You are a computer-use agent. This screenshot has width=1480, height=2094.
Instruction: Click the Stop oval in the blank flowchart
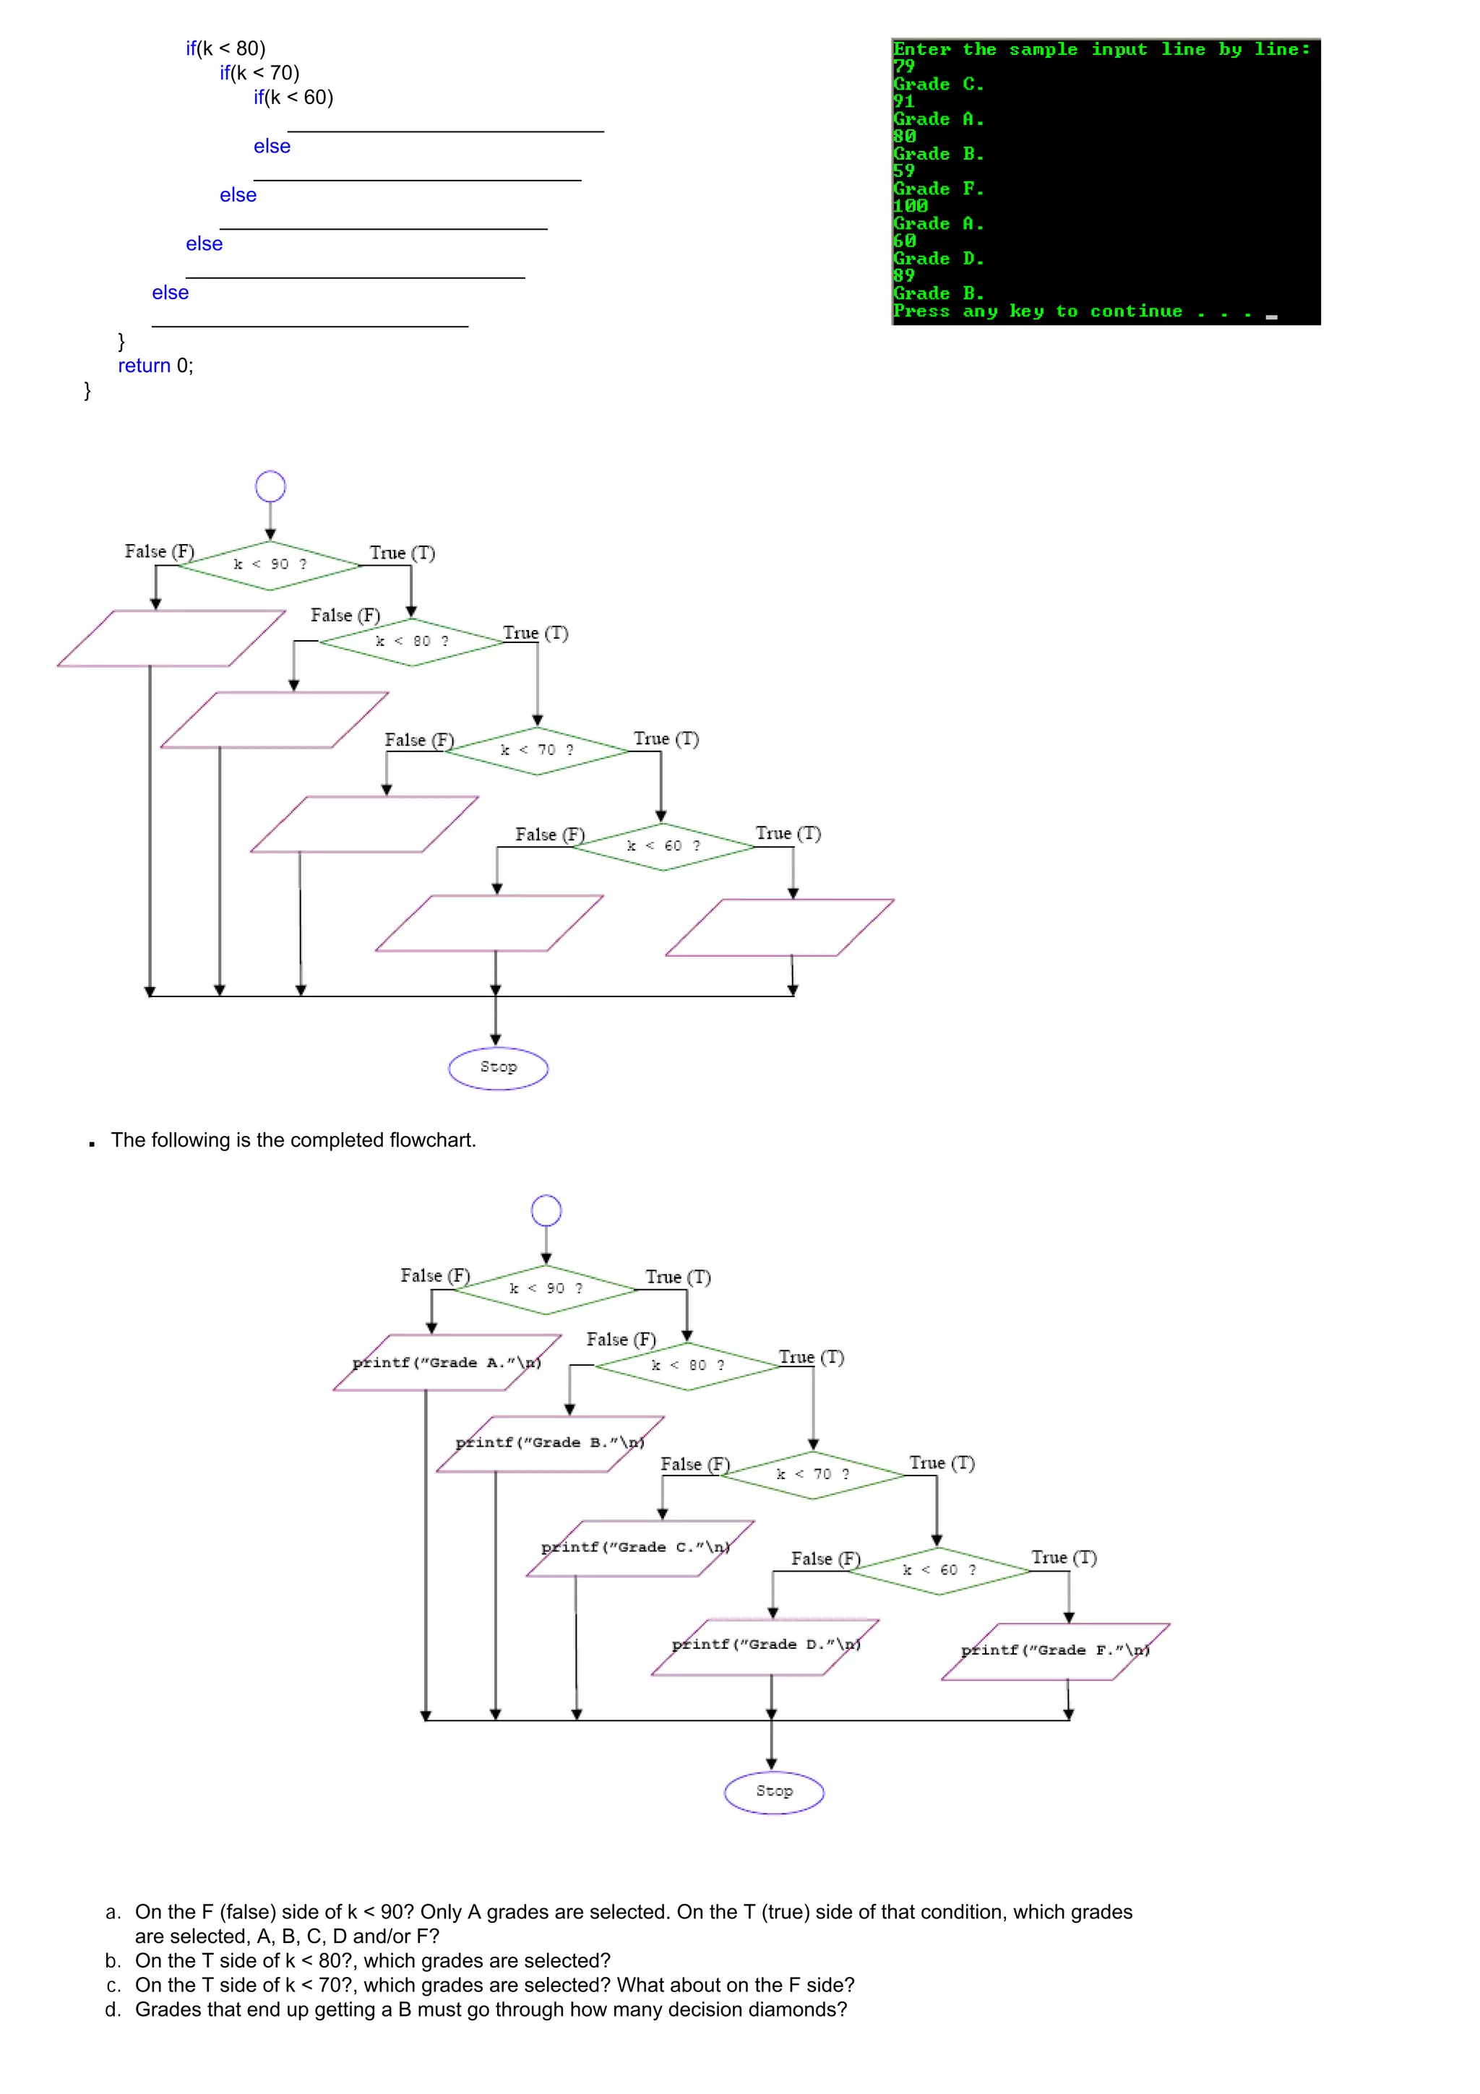498,1067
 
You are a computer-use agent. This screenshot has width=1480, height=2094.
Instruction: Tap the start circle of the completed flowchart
546,1211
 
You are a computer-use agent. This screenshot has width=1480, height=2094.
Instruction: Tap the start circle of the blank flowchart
270,486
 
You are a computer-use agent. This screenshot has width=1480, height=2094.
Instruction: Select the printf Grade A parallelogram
447,1363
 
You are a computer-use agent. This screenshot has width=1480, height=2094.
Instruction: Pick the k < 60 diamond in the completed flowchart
938,1569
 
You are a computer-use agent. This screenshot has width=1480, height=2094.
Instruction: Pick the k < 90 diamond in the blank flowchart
270,564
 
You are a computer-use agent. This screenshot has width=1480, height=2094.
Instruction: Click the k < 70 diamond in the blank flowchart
537,750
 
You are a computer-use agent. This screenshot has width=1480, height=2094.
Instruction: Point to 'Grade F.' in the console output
938,189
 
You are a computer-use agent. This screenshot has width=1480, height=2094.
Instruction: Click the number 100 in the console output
909,206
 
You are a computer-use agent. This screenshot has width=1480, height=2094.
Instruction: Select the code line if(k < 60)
293,98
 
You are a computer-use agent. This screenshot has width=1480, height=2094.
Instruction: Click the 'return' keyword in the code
144,366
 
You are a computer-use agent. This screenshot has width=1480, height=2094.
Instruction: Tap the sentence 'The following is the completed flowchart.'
293,1140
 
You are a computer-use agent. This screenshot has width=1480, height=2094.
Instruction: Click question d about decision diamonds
490,2009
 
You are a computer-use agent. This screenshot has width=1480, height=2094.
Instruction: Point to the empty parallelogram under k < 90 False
171,639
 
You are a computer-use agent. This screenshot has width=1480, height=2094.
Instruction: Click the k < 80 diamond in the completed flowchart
687,1366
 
